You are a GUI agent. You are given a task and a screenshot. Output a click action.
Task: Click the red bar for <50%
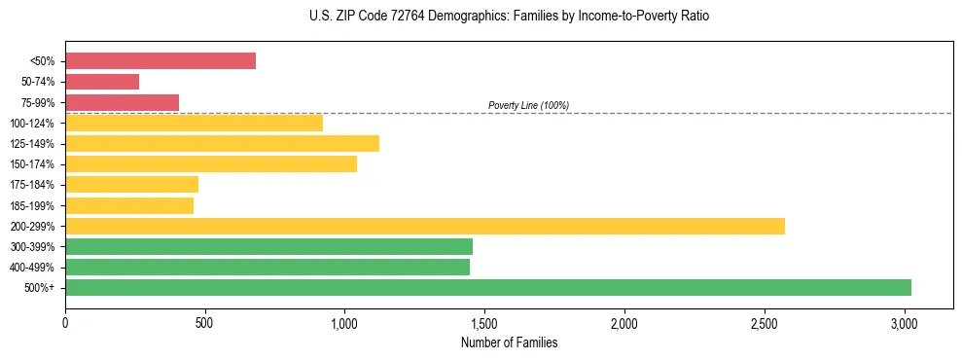(x=160, y=61)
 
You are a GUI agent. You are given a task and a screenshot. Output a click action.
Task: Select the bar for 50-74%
(x=102, y=82)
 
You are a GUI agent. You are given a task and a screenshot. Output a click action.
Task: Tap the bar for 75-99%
(x=122, y=102)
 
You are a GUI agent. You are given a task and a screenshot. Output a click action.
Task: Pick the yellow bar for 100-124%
(x=194, y=123)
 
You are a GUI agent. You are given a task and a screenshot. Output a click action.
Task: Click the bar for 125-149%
(x=222, y=143)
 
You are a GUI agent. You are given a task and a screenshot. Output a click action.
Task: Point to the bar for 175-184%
(x=131, y=184)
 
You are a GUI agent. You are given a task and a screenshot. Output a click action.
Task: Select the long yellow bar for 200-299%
(x=425, y=226)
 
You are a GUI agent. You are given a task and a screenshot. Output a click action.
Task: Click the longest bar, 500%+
(x=488, y=287)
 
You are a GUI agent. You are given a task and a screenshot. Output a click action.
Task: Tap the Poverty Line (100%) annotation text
(x=528, y=105)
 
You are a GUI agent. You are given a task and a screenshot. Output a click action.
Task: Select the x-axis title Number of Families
(x=510, y=342)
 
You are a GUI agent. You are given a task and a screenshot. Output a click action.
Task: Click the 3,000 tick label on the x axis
(x=905, y=322)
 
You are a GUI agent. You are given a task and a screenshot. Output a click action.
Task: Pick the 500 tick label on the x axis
(x=205, y=322)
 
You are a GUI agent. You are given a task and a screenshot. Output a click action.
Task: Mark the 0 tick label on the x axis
(x=65, y=322)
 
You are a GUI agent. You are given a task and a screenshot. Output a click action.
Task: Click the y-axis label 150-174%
(x=32, y=164)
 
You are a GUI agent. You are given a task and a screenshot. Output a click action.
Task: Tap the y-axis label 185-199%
(x=32, y=205)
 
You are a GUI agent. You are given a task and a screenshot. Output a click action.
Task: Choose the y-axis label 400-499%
(x=32, y=268)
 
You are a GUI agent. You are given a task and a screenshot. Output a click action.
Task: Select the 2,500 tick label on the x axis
(x=765, y=322)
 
